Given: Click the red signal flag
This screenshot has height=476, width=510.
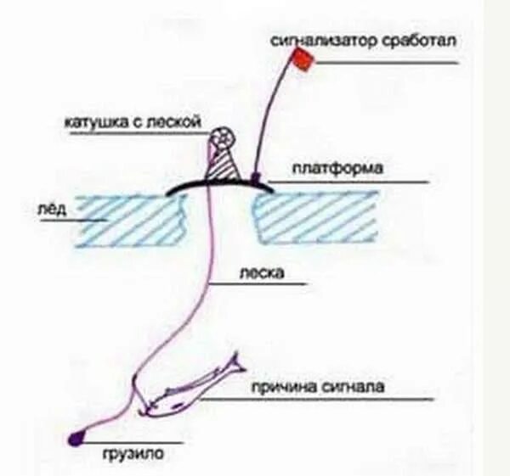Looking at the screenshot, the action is pyautogui.click(x=303, y=58).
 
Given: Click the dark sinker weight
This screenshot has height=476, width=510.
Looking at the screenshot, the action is pyautogui.click(x=76, y=437).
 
